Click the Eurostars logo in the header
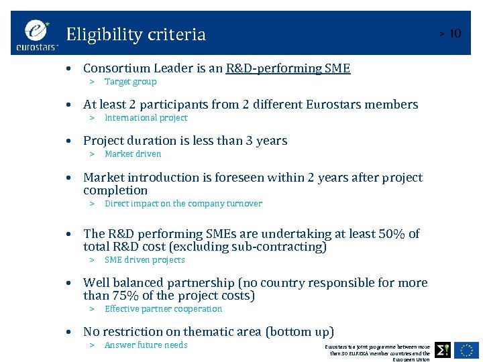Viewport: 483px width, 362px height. (x=38, y=35)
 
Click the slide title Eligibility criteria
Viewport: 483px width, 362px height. (x=136, y=34)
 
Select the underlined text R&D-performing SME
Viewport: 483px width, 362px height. (x=288, y=68)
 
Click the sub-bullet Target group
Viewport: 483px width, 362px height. (x=130, y=82)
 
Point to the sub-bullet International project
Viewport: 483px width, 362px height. (x=146, y=118)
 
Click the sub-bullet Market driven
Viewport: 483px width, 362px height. (x=133, y=154)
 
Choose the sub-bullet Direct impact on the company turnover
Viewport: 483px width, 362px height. (x=183, y=204)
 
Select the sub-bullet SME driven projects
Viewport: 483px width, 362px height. (x=144, y=260)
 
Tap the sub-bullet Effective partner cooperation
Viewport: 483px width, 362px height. (x=163, y=309)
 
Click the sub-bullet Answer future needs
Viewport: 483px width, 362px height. (x=146, y=345)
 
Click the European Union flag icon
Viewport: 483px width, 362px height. (x=467, y=349)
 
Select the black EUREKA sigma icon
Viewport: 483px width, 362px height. (x=443, y=349)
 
